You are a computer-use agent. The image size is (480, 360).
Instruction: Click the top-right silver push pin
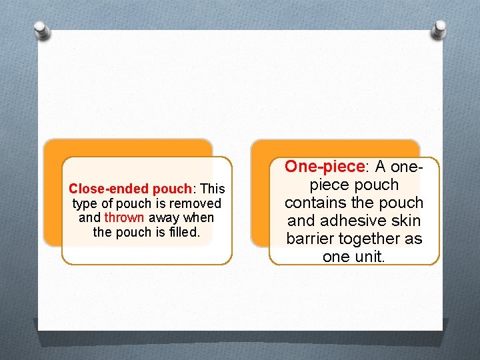439,29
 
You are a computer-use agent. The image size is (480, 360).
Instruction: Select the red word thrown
124,218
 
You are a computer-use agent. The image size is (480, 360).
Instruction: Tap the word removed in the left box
195,203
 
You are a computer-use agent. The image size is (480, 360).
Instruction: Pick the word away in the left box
164,218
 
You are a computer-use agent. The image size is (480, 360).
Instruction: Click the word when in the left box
199,218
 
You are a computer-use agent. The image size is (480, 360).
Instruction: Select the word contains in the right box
315,203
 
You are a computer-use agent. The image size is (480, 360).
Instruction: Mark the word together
373,239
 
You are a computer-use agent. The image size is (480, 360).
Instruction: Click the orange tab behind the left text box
127,147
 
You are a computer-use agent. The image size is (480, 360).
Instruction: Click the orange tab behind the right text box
333,147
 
